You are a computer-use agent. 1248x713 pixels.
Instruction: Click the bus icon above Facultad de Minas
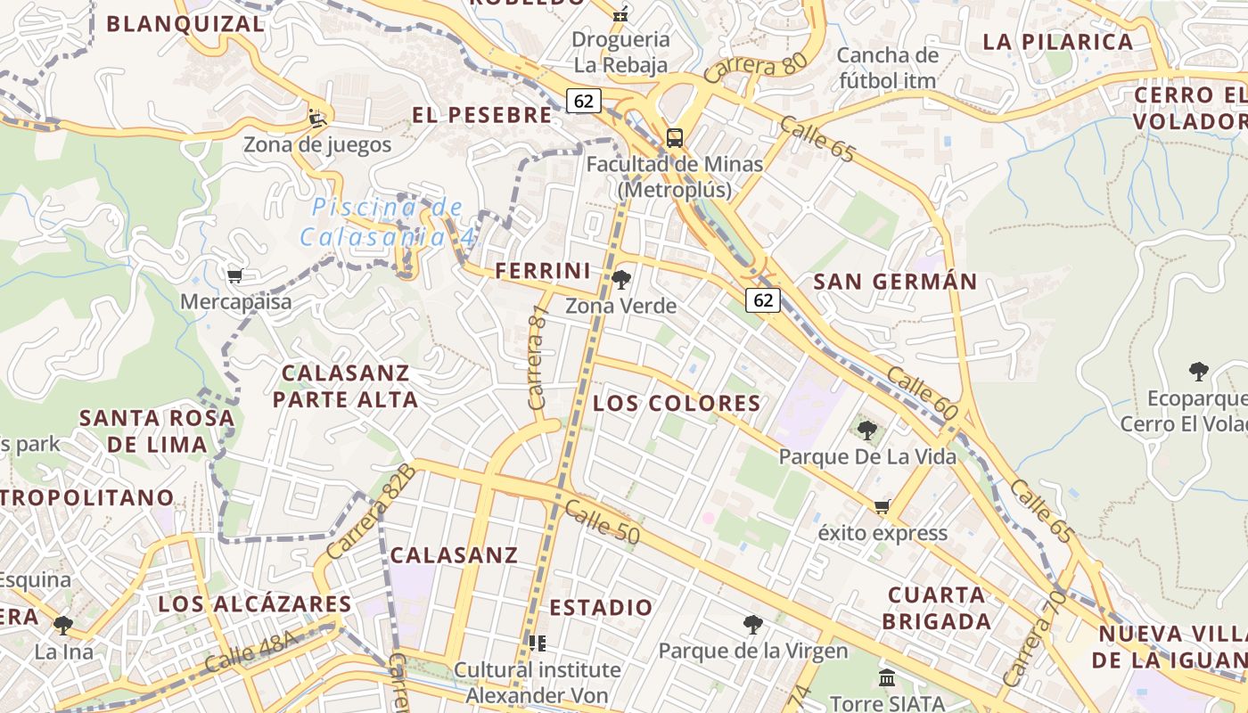pos(675,138)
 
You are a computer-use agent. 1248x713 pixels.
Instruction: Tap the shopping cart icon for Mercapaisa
pos(235,276)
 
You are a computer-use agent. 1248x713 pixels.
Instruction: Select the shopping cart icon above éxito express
pos(883,507)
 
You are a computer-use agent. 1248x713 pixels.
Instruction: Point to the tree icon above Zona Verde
pos(621,281)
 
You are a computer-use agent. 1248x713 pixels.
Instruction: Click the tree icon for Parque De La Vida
pos(866,431)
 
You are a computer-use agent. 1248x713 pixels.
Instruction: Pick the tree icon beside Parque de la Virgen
pos(753,625)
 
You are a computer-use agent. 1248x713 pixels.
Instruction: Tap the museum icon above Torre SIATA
pos(887,678)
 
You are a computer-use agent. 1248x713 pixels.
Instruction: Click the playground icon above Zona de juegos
pos(316,118)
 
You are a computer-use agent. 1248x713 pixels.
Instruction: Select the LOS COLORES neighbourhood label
pos(677,404)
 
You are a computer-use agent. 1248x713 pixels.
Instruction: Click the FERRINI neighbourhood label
pos(543,271)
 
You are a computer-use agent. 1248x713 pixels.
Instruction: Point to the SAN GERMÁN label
pos(895,283)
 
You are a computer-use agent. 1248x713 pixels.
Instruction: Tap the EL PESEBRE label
pos(481,115)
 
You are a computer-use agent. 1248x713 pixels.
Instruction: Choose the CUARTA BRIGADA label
pos(938,608)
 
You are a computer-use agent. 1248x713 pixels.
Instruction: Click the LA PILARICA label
pos(1057,42)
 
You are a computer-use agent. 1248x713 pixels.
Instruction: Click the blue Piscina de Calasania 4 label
pos(388,222)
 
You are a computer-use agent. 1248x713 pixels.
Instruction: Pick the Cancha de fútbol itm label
pos(887,68)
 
